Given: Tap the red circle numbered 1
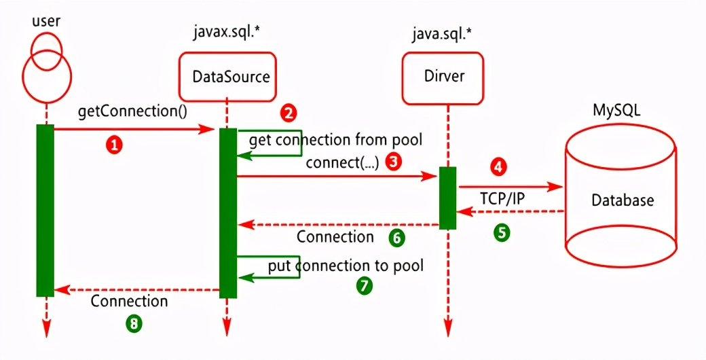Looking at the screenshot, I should point(115,144).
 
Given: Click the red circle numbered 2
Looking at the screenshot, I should point(289,112).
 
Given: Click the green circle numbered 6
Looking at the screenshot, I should point(396,237).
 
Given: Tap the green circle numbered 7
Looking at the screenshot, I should point(365,285).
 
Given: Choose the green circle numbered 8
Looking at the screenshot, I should point(134,323).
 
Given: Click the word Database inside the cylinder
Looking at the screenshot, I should point(623,200).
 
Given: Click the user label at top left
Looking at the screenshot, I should point(45,20).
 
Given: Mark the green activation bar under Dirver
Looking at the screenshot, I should point(447,198).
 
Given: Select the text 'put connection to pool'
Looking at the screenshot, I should point(346,265).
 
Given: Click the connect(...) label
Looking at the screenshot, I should point(342,162).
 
